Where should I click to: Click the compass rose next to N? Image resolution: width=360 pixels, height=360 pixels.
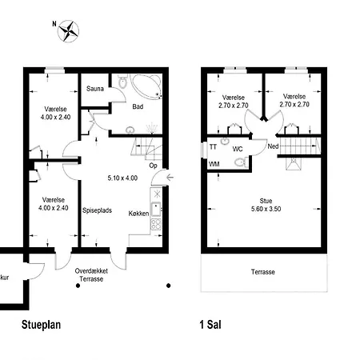coord(68,31)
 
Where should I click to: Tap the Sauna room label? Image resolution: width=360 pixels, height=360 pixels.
coord(95,89)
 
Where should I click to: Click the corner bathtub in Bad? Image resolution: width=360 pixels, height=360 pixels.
coord(147,86)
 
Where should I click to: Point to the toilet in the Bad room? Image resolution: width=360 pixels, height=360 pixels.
coord(122,82)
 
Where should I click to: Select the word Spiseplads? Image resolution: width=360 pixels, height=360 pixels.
coord(97,210)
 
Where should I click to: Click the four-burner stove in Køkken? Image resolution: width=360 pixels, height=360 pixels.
coord(156,224)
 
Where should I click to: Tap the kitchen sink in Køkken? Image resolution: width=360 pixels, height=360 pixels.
coord(156,210)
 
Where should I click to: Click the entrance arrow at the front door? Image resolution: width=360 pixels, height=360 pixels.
coord(170,177)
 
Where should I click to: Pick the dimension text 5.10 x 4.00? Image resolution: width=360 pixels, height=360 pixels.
coord(122,178)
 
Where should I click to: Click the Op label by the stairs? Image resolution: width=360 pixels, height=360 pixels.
coord(153,166)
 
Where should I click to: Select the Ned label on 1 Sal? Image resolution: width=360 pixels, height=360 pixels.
coord(273,146)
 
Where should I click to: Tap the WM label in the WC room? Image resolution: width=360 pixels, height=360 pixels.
coord(214,164)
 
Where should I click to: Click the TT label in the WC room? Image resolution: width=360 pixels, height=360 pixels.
coord(213,146)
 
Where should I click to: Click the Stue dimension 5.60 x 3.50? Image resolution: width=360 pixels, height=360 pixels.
coord(266,209)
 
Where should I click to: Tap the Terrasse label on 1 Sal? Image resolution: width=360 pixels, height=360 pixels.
coord(263,272)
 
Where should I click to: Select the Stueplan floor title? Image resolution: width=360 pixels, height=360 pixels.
coord(41,325)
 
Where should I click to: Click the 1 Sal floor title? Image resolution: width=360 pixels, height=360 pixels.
coord(210,325)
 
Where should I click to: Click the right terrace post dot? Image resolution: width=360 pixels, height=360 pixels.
coord(168,286)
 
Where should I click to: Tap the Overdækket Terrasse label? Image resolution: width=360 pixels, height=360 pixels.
coord(91,275)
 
